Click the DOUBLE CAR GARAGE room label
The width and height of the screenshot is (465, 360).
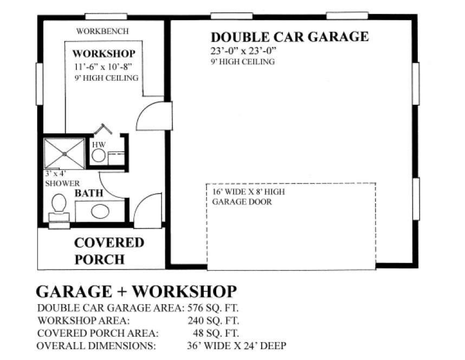click(289, 37)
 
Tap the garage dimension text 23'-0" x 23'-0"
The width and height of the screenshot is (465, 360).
click(244, 51)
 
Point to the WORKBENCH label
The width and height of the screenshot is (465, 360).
click(102, 31)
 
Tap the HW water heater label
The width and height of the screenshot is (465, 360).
click(98, 145)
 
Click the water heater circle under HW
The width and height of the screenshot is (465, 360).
click(98, 156)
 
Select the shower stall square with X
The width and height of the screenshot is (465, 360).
click(64, 153)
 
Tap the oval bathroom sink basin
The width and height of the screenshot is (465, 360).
click(100, 211)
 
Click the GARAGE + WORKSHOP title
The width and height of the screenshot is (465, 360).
click(136, 291)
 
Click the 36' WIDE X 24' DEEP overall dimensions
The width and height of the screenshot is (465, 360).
click(235, 345)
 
